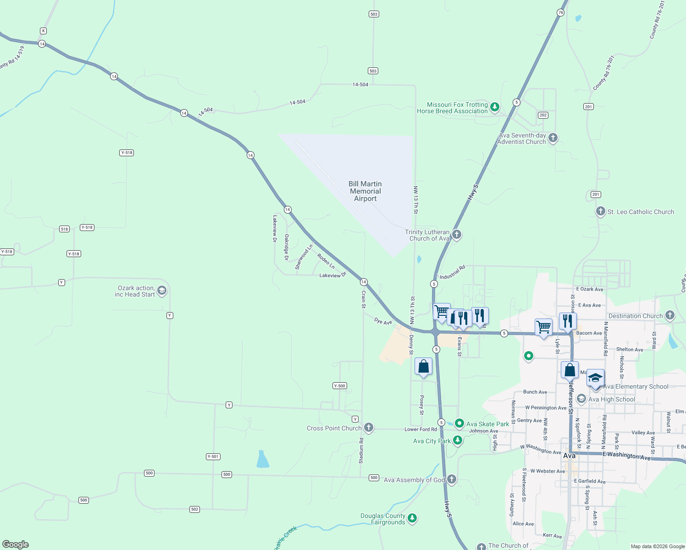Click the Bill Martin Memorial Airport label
(x=365, y=191)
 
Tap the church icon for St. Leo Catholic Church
(x=601, y=211)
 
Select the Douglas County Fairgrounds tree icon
(x=412, y=518)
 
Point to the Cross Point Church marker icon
(x=369, y=428)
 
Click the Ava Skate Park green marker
(x=459, y=423)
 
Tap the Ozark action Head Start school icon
(x=161, y=290)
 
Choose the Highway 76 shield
(x=560, y=12)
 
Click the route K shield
(x=43, y=31)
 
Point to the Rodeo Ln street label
(x=326, y=261)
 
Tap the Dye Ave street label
(x=383, y=321)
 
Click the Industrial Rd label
(x=452, y=272)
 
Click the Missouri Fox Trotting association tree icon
(x=494, y=107)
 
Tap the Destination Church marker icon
(x=670, y=315)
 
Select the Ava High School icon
(x=581, y=399)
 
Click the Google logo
(x=16, y=544)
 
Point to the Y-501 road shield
(x=213, y=456)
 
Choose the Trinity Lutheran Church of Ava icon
(x=457, y=234)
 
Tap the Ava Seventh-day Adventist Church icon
(x=553, y=137)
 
